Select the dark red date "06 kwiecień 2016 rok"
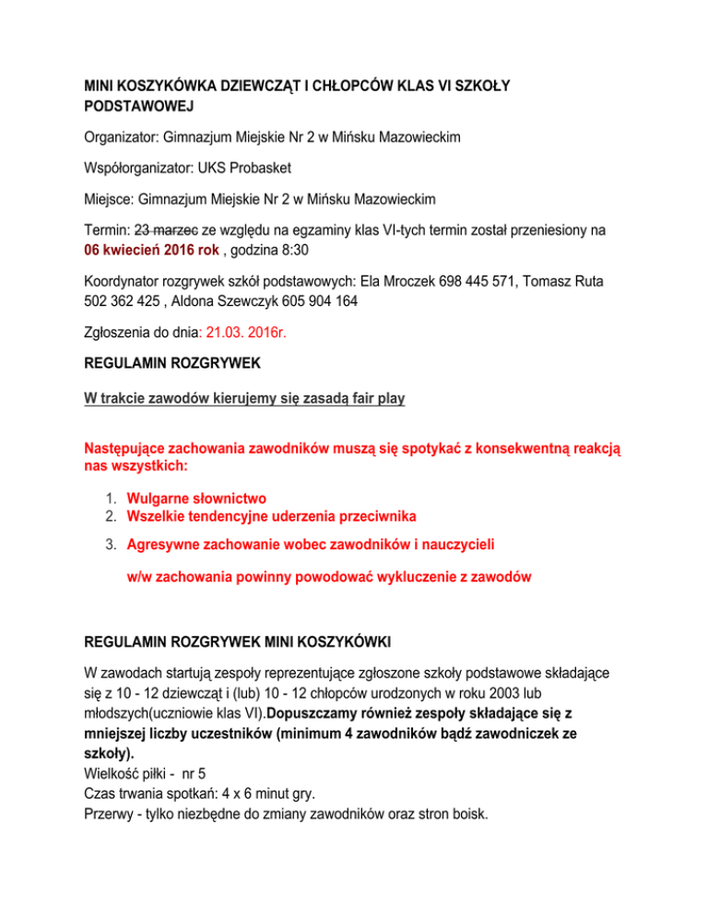click(x=145, y=251)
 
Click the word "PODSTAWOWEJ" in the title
click(x=131, y=107)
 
